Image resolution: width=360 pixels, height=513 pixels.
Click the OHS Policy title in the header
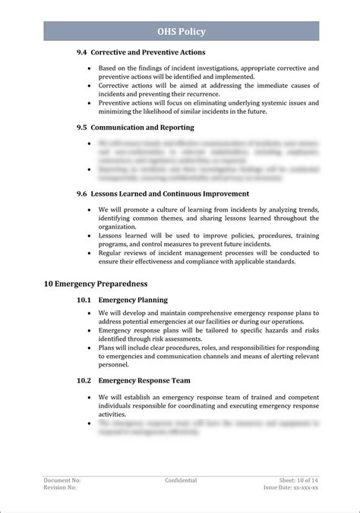pyautogui.click(x=181, y=31)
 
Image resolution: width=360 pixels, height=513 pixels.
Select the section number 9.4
pyautogui.click(x=82, y=53)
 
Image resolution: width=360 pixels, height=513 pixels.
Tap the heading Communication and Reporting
pyautogui.click(x=146, y=127)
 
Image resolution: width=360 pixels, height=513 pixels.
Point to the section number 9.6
pyautogui.click(x=82, y=194)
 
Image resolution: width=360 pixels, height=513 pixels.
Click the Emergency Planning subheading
pyautogui.click(x=134, y=301)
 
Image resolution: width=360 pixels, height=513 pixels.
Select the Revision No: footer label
pyautogui.click(x=60, y=488)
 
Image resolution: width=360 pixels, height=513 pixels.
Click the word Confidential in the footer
pyautogui.click(x=181, y=480)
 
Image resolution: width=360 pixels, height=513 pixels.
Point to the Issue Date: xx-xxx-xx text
pyautogui.click(x=291, y=488)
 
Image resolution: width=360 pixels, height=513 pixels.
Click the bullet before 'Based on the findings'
pyautogui.click(x=91, y=68)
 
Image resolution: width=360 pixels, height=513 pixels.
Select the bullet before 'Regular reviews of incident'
pyautogui.click(x=91, y=253)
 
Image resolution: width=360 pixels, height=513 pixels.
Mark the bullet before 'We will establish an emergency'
pyautogui.click(x=91, y=397)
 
